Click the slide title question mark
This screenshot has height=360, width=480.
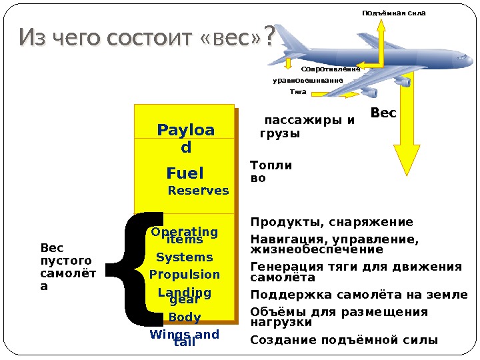pos(269,37)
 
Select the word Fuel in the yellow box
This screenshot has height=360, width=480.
pos(185,173)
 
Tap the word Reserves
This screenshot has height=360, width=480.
pos(198,191)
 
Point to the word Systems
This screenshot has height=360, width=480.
pos(184,257)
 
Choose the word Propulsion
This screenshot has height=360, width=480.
pos(184,275)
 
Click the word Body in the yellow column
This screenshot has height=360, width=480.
pos(185,317)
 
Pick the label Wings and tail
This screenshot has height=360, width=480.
pos(185,338)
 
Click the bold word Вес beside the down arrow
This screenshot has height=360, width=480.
pos(383,114)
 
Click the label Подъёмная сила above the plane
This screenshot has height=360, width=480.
pos(393,13)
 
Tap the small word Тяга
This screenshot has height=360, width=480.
pos(299,91)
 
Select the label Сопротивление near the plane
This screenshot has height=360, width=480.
pos(331,69)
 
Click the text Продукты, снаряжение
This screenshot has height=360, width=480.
pos(331,222)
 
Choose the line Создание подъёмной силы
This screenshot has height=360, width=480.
pos(344,340)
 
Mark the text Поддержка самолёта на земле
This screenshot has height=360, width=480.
pos(359,295)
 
